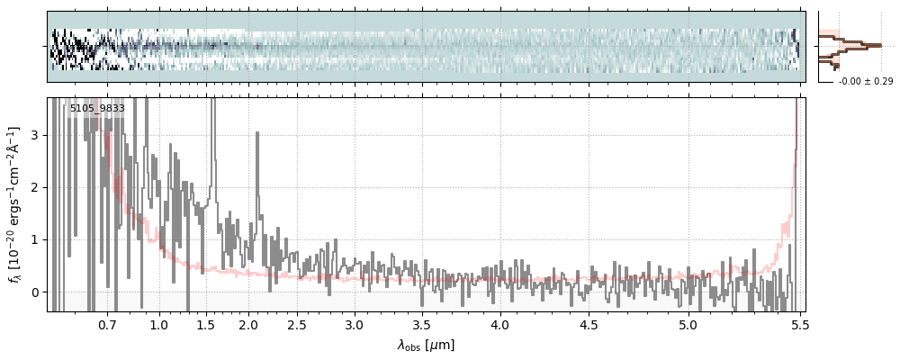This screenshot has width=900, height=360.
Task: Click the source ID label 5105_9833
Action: [x=95, y=109]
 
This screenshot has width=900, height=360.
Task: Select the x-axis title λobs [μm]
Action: [x=426, y=345]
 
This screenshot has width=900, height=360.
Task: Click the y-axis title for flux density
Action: [x=16, y=204]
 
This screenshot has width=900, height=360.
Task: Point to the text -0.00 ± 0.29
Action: [x=865, y=82]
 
